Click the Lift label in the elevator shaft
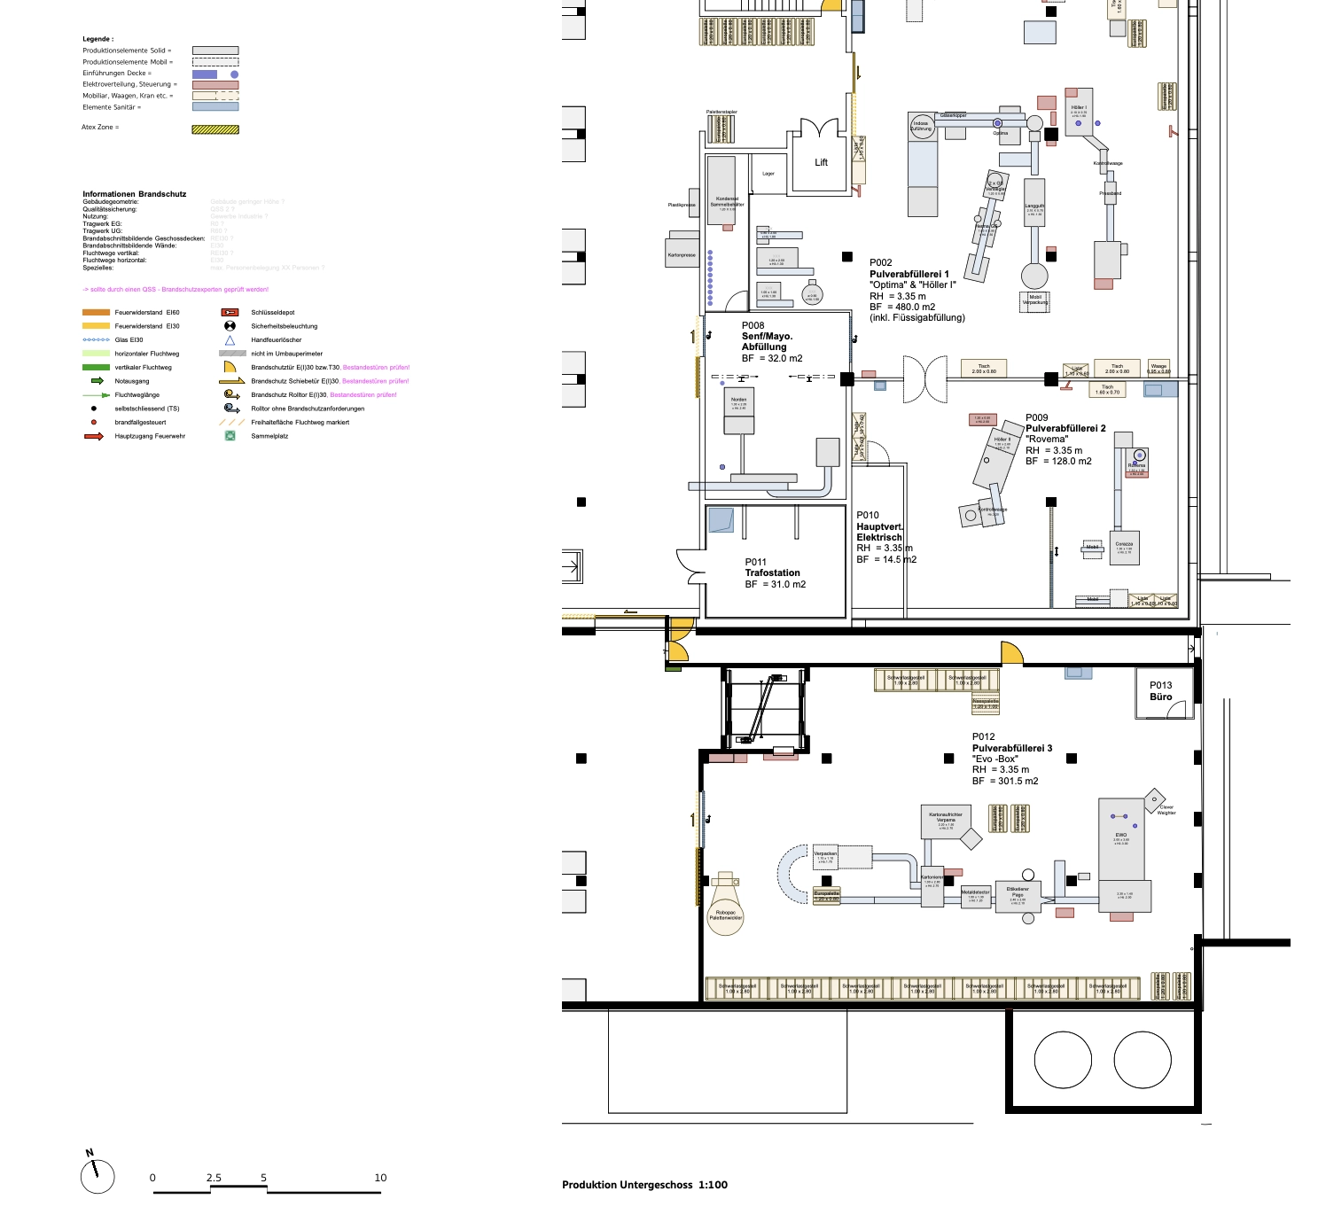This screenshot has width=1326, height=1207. [x=821, y=162]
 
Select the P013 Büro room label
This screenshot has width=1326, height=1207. [x=1160, y=691]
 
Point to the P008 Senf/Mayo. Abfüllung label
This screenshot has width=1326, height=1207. [x=768, y=342]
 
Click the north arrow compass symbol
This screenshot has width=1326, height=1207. [x=97, y=1175]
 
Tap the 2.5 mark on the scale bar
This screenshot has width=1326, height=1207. [x=214, y=1178]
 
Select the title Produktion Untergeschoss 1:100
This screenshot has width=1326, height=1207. [x=644, y=1185]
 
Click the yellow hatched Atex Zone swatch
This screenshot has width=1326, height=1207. [x=215, y=129]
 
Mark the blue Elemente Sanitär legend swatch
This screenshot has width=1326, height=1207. [x=215, y=107]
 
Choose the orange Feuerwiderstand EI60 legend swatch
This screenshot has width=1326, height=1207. [x=96, y=313]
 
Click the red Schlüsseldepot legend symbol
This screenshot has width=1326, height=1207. [x=230, y=313]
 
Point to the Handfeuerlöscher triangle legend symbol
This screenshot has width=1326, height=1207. [x=230, y=340]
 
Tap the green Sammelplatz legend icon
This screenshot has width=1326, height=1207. [x=230, y=436]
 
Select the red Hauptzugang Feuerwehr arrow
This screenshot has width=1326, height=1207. [x=94, y=436]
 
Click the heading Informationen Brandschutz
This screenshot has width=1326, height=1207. [x=135, y=194]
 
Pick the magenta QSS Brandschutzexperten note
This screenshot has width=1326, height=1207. [x=175, y=290]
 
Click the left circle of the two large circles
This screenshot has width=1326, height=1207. [x=1062, y=1060]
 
